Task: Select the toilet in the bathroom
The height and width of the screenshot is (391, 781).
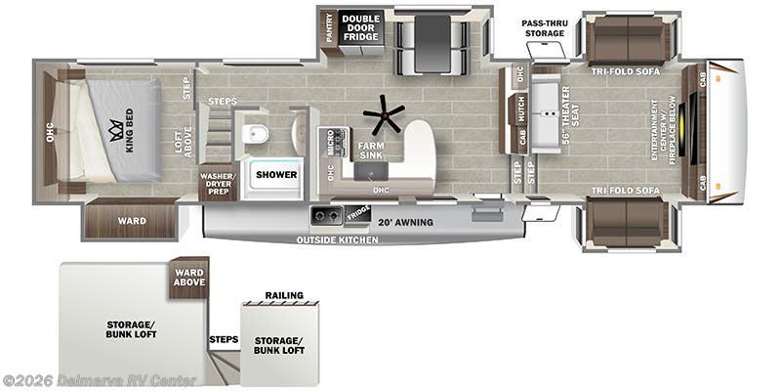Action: (x=257, y=132)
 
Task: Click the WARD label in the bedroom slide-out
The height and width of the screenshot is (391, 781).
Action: (x=132, y=221)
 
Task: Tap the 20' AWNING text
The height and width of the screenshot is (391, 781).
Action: (x=405, y=222)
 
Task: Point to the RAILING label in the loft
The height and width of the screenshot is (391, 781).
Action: (x=284, y=295)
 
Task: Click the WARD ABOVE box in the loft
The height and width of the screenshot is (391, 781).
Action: (x=189, y=278)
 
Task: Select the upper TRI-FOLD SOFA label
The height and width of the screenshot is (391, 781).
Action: (x=625, y=72)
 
